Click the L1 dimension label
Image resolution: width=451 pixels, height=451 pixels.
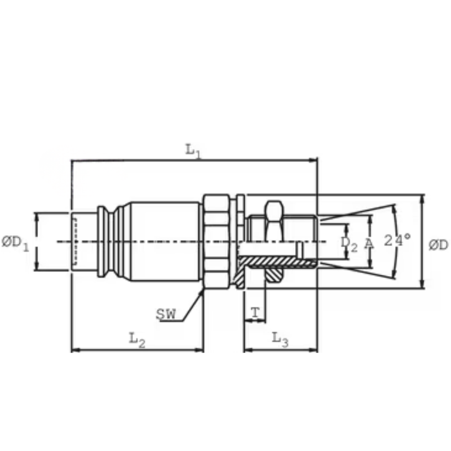coord(193,151)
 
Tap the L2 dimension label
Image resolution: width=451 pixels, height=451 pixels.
coord(137,340)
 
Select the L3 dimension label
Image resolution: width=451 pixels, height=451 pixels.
coord(280,339)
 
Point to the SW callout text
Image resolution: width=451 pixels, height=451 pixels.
coord(166,314)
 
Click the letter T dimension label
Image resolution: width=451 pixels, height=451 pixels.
coord(255,313)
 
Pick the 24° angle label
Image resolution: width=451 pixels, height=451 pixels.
coord(397,240)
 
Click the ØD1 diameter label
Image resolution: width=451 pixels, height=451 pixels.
coord(16,244)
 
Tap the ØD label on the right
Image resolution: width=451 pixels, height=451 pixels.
coord(439,245)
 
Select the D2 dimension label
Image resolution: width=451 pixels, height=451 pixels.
coord(349,244)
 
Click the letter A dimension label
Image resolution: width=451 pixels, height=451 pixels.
coord(369,244)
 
